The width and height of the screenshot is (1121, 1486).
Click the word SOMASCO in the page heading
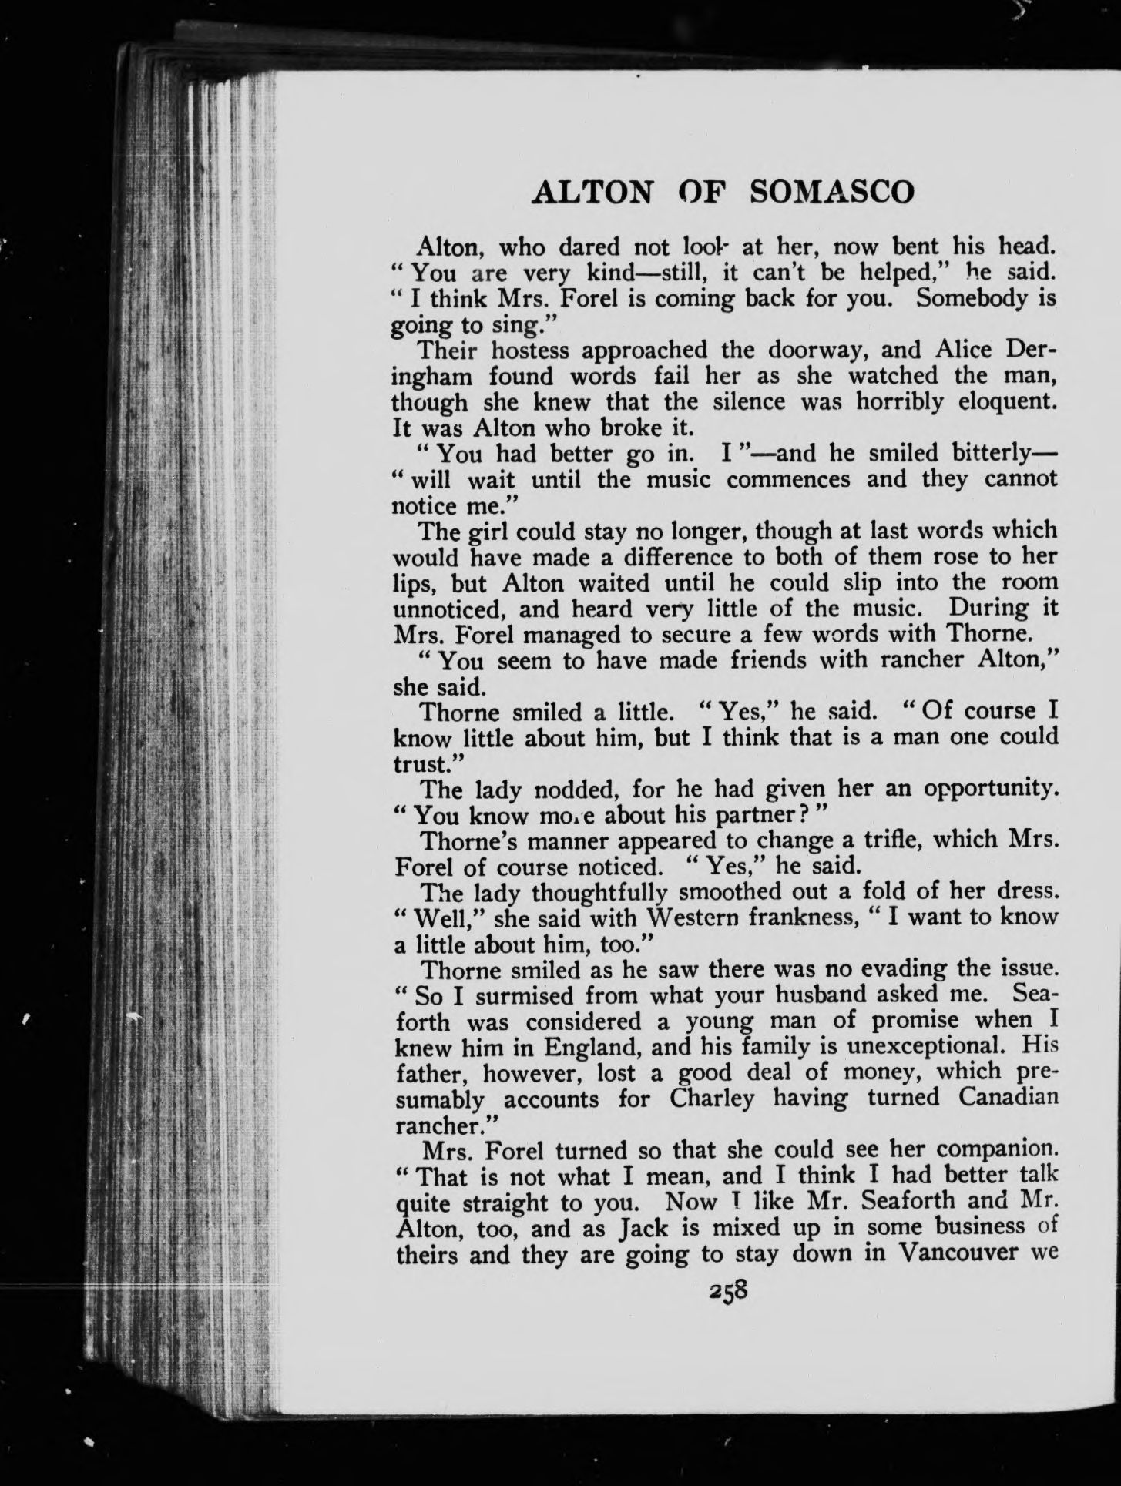(833, 191)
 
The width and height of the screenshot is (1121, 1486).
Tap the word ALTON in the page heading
(591, 191)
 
